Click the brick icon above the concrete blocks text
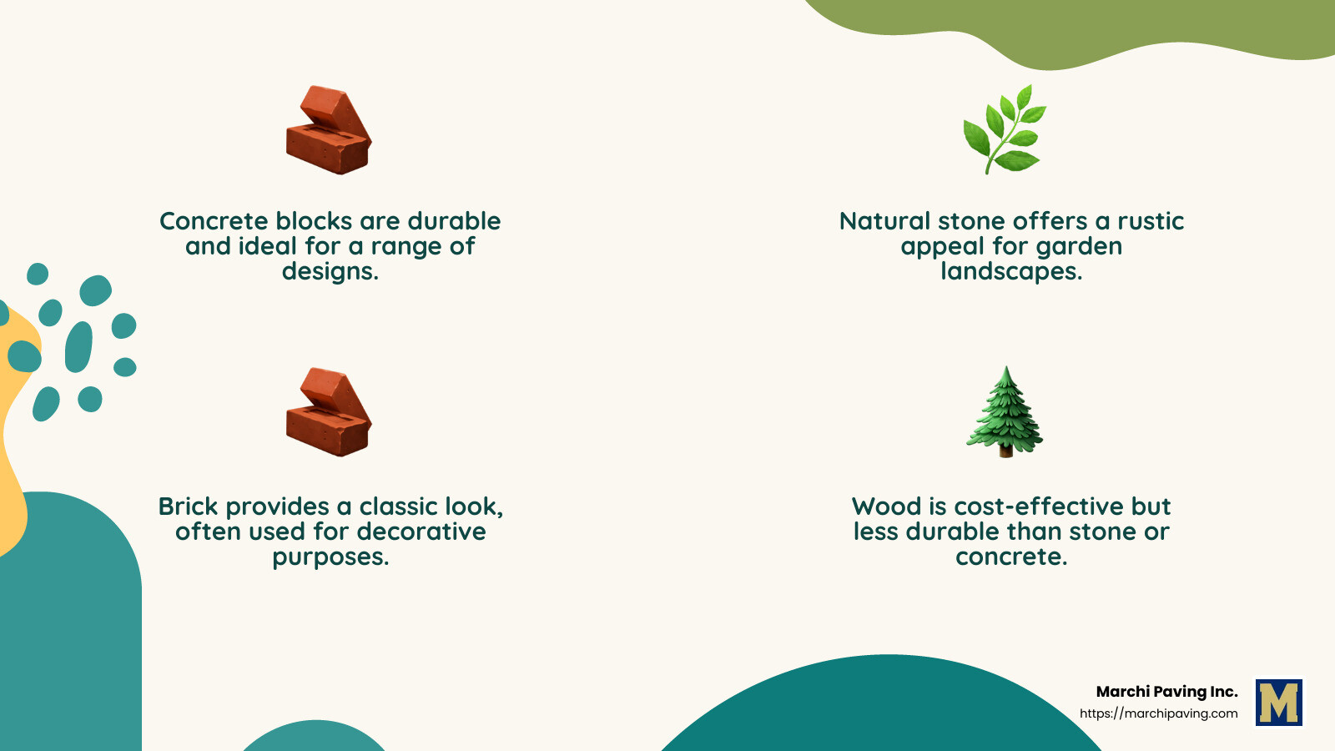pyautogui.click(x=329, y=130)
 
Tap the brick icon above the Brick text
pyautogui.click(x=329, y=412)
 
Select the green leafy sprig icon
pyautogui.click(x=1005, y=129)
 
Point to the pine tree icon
pyautogui.click(x=1005, y=411)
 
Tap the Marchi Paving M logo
pyautogui.click(x=1279, y=702)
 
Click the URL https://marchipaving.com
pyautogui.click(x=1159, y=713)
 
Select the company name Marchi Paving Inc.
pyautogui.click(x=1167, y=692)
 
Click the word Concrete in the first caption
pyautogui.click(x=214, y=221)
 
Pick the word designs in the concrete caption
pyautogui.click(x=330, y=272)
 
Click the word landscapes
pyautogui.click(x=1011, y=272)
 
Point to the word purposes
pyautogui.click(x=330, y=557)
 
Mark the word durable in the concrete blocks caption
pyautogui.click(x=454, y=221)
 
